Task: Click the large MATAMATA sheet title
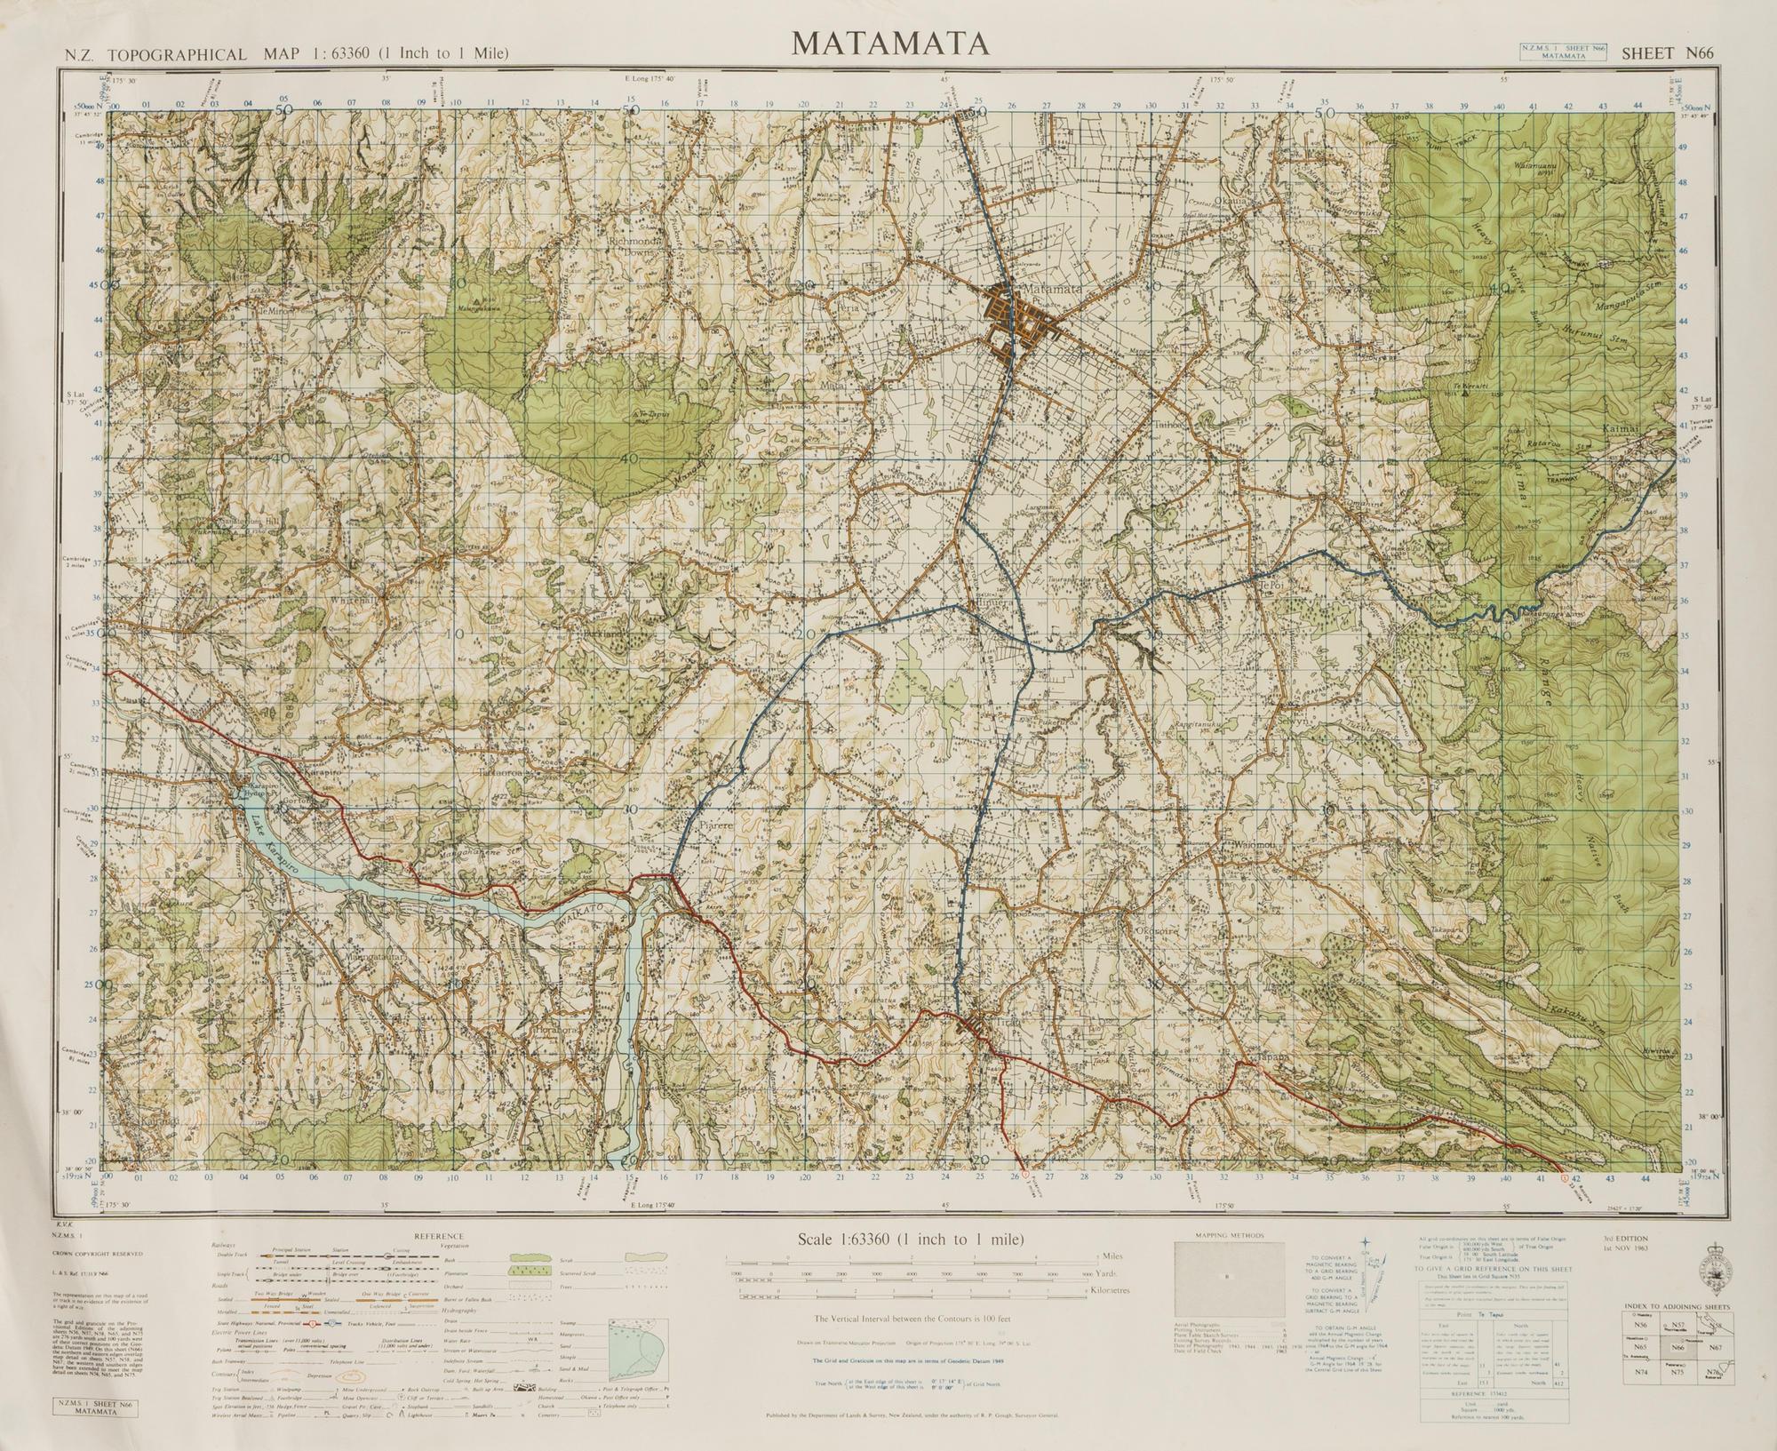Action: (x=889, y=43)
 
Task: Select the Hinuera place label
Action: (x=993, y=602)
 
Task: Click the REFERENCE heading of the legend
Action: (x=438, y=1236)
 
